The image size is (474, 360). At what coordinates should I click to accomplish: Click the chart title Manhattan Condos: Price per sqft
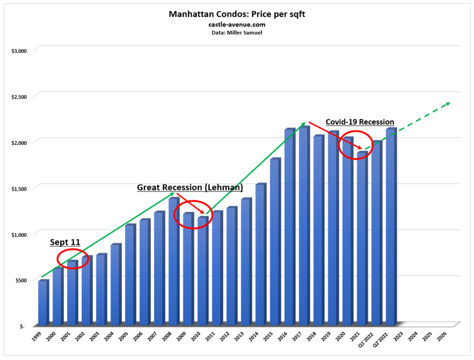237,14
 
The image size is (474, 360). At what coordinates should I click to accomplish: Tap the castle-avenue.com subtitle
237,24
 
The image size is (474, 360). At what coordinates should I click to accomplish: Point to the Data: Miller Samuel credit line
237,32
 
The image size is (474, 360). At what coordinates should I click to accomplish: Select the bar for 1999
43,303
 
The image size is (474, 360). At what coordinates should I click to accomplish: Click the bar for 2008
173,261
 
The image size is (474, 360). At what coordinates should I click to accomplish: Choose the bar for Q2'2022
391,227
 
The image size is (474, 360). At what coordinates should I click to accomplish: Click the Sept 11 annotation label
65,242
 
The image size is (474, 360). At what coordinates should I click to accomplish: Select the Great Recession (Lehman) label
190,187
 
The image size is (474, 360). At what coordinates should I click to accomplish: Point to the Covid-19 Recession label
360,122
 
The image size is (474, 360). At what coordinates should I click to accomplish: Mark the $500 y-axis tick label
20,280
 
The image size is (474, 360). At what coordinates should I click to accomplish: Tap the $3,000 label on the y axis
19,50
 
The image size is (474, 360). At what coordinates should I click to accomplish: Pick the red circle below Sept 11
73,259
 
